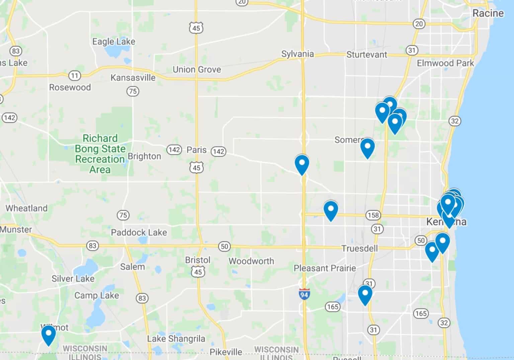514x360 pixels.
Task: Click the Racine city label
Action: coord(488,13)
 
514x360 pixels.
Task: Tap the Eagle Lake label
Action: coord(114,41)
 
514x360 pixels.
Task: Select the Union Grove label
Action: coord(197,70)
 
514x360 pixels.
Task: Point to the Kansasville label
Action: coord(133,78)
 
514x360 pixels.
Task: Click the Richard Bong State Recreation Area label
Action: coord(100,154)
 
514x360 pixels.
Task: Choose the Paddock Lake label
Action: coord(139,232)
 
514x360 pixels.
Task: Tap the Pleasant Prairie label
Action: coord(325,268)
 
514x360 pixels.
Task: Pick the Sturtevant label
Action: coord(366,55)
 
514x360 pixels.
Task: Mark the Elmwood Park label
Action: coord(445,63)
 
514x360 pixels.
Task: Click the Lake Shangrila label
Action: coord(176,339)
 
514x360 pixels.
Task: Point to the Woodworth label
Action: coord(251,261)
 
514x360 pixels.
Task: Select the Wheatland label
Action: coord(26,208)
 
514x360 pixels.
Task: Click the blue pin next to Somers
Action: coord(367,147)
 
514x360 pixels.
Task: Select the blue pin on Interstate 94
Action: coord(302,164)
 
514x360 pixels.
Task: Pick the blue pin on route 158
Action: coord(331,210)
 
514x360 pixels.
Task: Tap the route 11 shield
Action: coord(74,76)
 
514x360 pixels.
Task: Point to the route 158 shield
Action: coord(373,215)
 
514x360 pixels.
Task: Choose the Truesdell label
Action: coord(359,248)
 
